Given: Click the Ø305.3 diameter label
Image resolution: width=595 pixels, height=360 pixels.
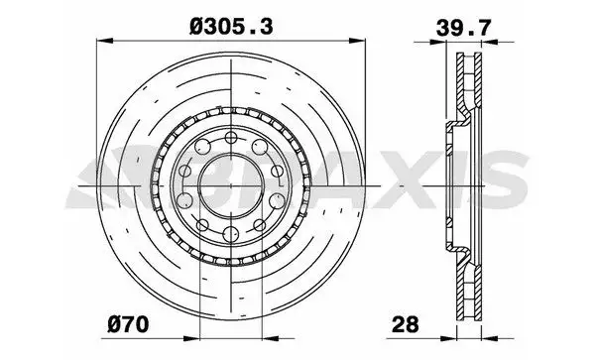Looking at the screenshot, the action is [x=231, y=27].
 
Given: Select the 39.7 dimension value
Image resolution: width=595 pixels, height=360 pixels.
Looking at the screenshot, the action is [x=463, y=28].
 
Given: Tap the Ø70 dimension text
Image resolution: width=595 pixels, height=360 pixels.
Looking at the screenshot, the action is [x=128, y=324].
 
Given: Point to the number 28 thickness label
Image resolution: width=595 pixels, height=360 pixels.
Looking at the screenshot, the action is [x=406, y=324].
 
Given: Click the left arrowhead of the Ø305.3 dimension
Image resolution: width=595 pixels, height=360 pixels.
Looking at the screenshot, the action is [x=105, y=41].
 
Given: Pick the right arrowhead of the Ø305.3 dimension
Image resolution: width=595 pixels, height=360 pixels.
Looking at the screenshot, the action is [x=357, y=41].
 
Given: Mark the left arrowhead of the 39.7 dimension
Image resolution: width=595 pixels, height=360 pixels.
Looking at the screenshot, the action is [x=438, y=42].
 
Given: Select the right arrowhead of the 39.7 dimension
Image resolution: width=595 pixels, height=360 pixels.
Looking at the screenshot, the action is [x=490, y=42].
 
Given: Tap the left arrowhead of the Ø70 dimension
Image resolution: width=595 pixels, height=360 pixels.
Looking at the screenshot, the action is [x=191, y=338].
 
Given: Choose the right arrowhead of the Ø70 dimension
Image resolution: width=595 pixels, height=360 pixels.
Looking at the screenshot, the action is [x=271, y=338].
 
